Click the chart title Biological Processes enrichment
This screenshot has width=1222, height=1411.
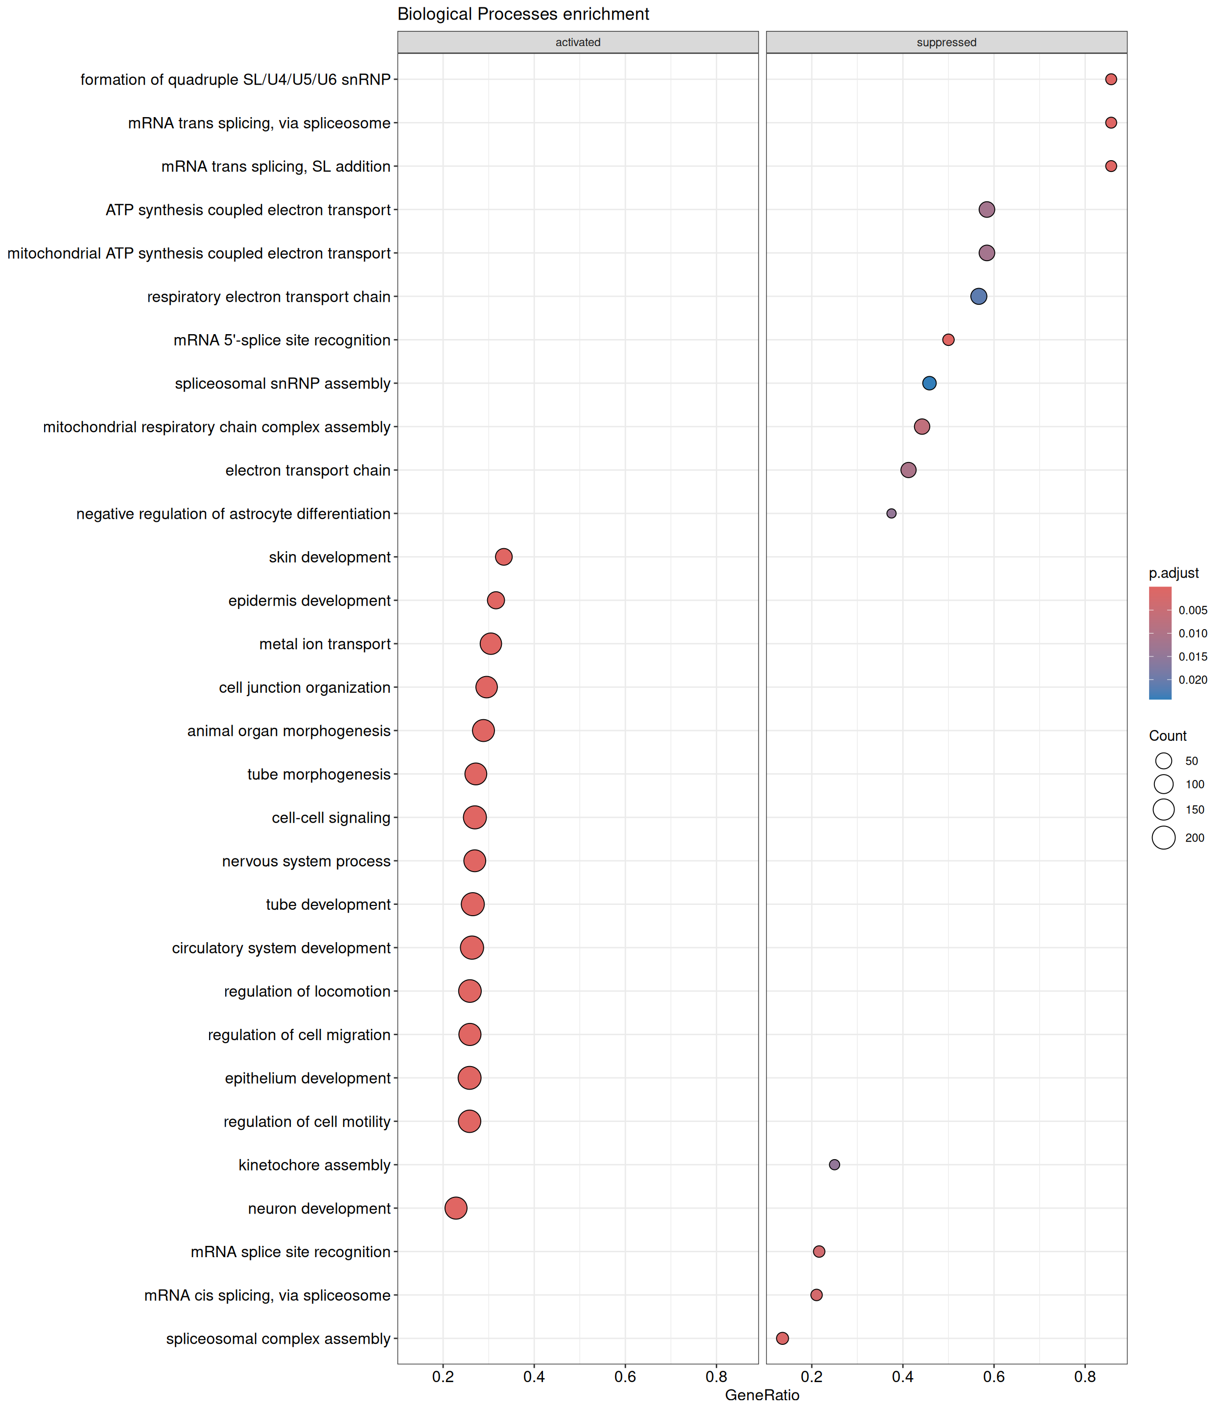tap(523, 14)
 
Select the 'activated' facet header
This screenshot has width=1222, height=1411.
tap(578, 42)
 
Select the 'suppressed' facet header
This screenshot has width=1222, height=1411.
tap(946, 42)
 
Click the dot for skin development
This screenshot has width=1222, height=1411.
tap(503, 557)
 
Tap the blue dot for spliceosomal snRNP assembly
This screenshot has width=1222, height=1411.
tap(929, 384)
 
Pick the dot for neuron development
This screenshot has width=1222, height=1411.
tap(455, 1208)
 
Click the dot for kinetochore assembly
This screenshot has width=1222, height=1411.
tap(834, 1165)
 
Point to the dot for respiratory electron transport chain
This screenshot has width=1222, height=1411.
tap(978, 296)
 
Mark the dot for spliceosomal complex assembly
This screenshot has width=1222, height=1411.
tap(782, 1338)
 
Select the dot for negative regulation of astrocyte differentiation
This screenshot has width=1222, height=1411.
tap(891, 513)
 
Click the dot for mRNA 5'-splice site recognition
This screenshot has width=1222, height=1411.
tap(948, 340)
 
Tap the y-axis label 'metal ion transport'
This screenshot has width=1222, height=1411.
tap(325, 644)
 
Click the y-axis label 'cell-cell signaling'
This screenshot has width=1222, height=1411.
tap(331, 817)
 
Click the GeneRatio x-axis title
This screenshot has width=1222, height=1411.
tap(762, 1395)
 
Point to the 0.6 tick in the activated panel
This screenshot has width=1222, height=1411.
tap(625, 1376)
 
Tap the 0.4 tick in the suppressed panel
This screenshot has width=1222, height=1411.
tap(903, 1376)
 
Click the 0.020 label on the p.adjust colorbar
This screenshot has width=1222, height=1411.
tap(1193, 680)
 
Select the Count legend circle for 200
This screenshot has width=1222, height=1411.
tap(1163, 837)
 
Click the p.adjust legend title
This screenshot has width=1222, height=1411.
tap(1174, 573)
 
